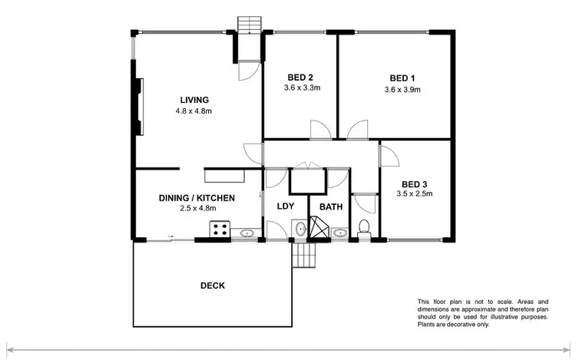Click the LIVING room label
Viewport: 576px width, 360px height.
[x=194, y=100]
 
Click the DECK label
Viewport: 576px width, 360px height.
[x=212, y=286]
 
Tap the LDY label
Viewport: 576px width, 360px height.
[x=286, y=206]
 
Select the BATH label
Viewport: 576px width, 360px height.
[x=331, y=206]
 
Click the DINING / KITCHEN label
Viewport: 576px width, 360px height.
[x=197, y=197]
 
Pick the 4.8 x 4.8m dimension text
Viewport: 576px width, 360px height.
[x=194, y=111]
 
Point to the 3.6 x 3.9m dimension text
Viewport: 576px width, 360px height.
[x=402, y=89]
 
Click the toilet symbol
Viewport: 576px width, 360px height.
[x=366, y=228]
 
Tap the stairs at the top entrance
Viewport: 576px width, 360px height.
[x=248, y=25]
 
